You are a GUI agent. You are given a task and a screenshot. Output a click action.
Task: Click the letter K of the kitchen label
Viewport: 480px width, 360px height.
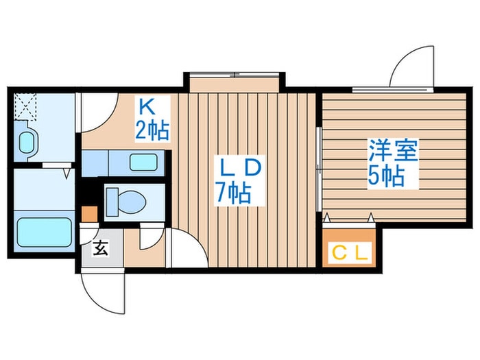(145, 108)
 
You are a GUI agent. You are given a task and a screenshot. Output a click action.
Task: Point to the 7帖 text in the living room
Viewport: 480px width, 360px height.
(232, 193)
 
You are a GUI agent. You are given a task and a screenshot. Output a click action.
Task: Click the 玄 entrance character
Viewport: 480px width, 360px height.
(100, 248)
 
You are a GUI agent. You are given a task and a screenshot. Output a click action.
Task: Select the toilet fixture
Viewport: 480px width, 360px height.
(128, 201)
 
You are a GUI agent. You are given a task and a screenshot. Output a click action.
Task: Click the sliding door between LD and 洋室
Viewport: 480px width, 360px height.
(319, 168)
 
